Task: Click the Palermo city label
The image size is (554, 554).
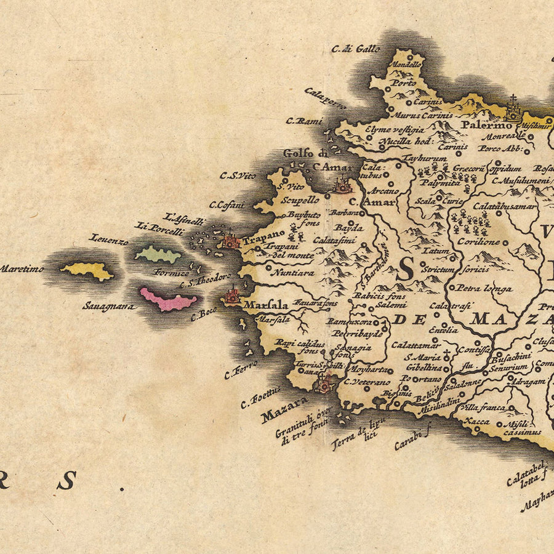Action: point(478,125)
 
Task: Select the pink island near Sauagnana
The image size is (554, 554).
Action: point(167,300)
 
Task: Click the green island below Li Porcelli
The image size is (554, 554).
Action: point(158,253)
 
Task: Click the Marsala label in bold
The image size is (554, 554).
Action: point(266,305)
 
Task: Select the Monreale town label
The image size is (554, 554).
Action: point(502,137)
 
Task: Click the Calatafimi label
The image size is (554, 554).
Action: point(334,240)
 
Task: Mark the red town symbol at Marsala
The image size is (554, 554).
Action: point(233,297)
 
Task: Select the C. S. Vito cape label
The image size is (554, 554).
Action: point(237,176)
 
